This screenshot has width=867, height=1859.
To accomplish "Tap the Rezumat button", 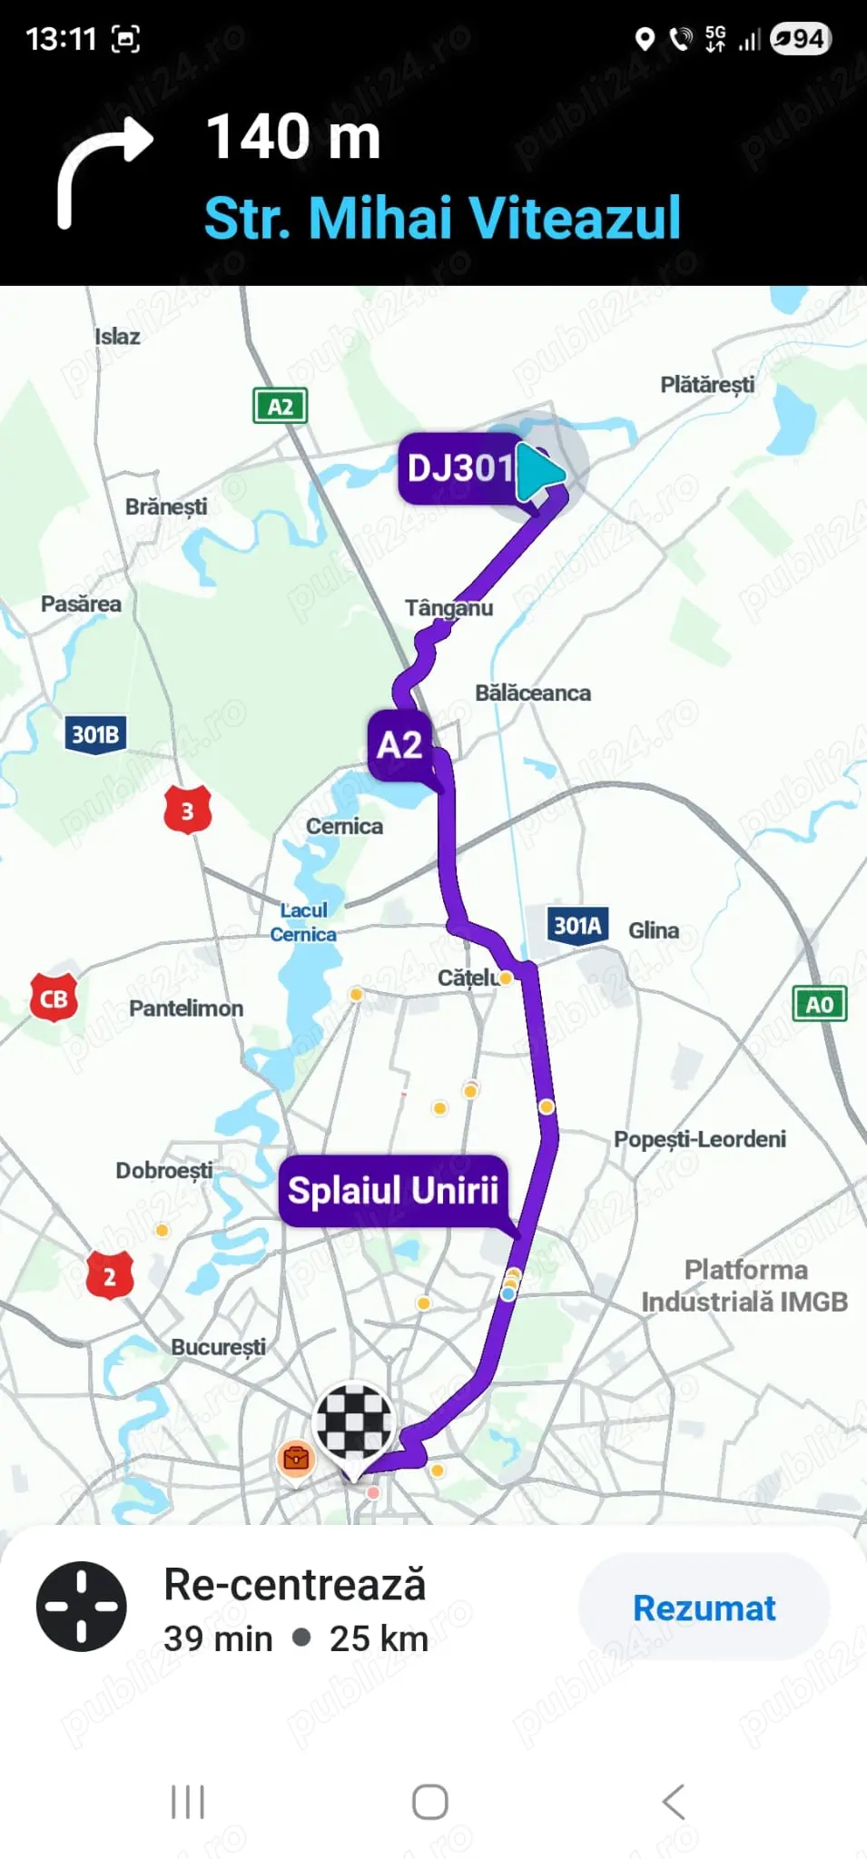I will coord(704,1608).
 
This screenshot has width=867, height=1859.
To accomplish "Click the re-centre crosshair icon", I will coord(82,1607).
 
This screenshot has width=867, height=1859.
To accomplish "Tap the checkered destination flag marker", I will coord(353,1422).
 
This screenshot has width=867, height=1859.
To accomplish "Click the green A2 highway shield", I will coord(280,406).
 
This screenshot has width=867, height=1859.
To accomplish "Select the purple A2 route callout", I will coord(399,745).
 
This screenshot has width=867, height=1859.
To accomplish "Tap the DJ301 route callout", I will coord(459,468).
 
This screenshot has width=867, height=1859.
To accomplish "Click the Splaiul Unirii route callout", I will coord(392,1190).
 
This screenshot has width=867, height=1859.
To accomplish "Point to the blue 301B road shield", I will coord(95,734).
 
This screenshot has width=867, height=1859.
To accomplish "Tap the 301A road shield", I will coord(577,926).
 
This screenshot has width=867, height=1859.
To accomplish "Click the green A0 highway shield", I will coord(819,1004).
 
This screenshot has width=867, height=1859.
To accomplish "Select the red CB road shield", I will coord(54,998).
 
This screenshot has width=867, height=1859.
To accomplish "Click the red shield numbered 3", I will coord(187,811).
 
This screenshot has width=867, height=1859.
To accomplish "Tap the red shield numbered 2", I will coord(110,1276).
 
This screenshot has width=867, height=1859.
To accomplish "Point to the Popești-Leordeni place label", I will coord(699,1139).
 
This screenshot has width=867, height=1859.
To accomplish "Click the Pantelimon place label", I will coord(186,1008).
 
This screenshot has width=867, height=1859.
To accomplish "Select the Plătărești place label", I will coord(707,385).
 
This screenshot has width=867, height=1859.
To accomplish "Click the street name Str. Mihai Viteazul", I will coord(442,219).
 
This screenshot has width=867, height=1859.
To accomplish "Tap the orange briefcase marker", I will coord(296,1458).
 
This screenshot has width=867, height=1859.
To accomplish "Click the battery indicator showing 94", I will coord(800,39).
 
